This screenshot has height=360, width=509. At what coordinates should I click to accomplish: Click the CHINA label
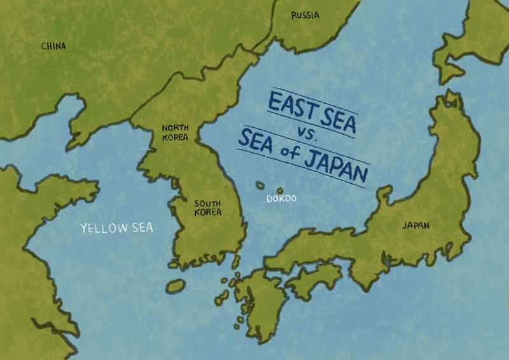click(53, 46)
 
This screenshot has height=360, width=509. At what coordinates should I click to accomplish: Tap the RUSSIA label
click(305, 15)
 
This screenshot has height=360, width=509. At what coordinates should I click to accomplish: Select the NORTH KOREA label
click(175, 132)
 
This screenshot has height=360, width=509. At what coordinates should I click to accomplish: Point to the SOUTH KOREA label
click(207, 207)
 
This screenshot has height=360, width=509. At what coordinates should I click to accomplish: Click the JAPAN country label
click(415, 225)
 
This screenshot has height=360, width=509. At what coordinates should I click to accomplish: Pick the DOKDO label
click(281, 199)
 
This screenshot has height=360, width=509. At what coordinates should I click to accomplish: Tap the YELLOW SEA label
click(116, 228)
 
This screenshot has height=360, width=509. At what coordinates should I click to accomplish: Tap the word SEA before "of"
click(255, 141)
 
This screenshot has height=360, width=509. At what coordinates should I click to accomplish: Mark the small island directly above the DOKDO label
click(280, 190)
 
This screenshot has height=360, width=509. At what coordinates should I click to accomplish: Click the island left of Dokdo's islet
click(260, 185)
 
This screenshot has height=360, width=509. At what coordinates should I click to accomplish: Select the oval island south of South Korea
click(176, 285)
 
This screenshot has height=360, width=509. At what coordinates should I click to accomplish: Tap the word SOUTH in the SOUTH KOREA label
click(207, 204)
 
